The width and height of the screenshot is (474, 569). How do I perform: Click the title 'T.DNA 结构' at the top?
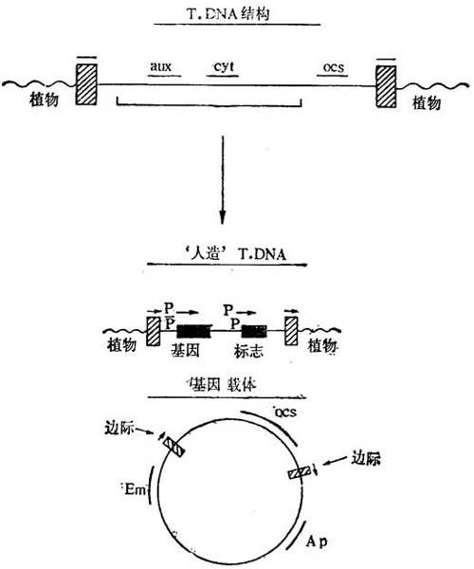pos(228,14)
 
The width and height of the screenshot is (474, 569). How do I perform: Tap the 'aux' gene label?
pos(160,66)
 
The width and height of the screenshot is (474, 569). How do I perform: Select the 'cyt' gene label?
pos(224,66)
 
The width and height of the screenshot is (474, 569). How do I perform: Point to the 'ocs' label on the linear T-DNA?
pos(334,67)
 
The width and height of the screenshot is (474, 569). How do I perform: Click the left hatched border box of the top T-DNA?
pos(86,84)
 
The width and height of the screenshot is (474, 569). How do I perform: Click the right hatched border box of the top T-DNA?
pos(386,86)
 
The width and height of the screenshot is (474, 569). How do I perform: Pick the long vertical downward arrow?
pos(223,179)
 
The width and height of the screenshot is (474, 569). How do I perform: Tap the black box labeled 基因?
pos(193,331)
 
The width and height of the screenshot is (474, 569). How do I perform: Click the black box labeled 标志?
pos(254,331)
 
